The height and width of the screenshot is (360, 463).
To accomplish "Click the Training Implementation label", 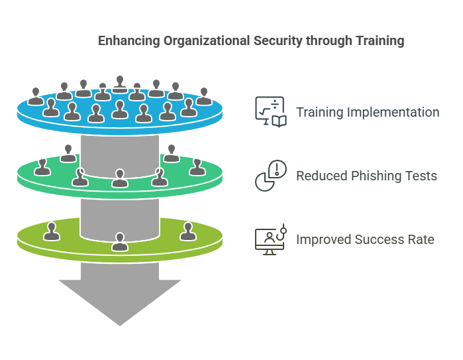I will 367,112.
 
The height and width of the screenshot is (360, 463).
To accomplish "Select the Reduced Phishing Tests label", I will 366,176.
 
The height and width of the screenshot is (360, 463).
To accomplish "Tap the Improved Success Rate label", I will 365,239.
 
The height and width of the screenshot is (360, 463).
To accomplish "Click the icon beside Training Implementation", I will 270,111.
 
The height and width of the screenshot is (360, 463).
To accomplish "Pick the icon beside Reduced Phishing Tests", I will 270,176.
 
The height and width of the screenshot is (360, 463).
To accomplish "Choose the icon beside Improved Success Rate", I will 270,239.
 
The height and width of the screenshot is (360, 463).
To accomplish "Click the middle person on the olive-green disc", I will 120,242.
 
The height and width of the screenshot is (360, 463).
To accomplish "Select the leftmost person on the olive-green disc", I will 51,231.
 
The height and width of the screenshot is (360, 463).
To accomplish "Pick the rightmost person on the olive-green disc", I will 187,231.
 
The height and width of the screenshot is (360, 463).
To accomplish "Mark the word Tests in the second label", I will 423,176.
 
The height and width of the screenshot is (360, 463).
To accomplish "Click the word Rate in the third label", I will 421,239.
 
